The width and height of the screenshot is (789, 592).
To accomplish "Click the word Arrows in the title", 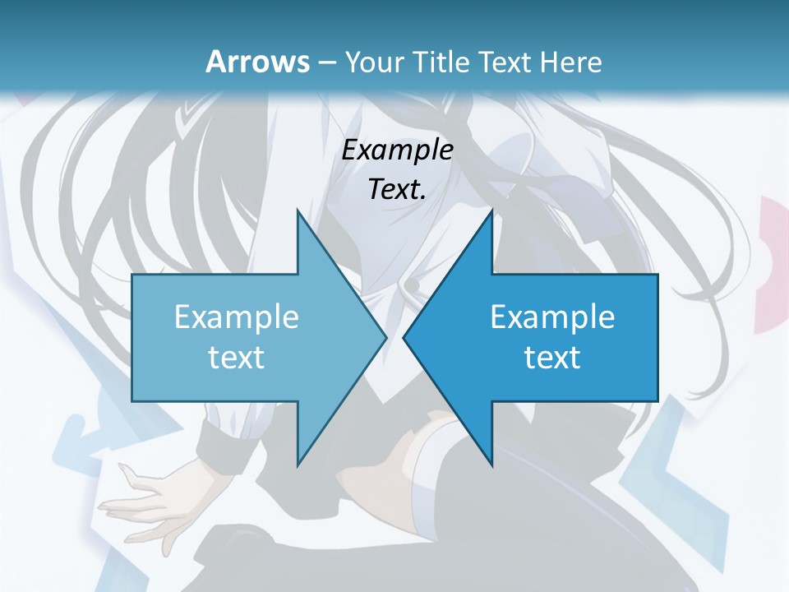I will (x=256, y=62).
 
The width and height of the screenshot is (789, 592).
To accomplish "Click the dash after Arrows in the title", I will (x=325, y=62).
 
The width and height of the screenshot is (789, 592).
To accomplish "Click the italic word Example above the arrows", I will (x=397, y=150).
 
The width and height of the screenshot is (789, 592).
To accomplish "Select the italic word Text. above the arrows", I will (x=397, y=190).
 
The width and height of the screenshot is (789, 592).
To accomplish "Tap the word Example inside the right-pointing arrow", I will (x=236, y=317).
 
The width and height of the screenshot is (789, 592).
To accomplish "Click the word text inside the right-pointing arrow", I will (x=236, y=357).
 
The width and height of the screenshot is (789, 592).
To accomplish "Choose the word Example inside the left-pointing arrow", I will (x=552, y=317).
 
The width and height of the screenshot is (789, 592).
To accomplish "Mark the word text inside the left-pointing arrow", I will (x=552, y=357).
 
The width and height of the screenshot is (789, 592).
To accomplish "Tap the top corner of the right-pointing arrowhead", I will (x=298, y=211).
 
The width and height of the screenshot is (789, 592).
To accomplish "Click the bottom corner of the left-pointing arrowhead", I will (x=491, y=465).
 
